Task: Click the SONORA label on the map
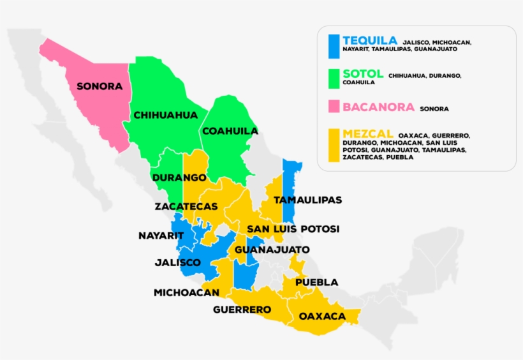[99, 86]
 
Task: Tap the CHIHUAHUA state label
[165, 116]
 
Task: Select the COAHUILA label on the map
[230, 131]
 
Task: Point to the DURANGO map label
[179, 177]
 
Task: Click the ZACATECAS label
[186, 207]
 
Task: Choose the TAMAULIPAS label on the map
[307, 200]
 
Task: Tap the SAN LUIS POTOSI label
[293, 229]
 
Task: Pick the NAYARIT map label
[161, 236]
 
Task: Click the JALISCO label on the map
[178, 262]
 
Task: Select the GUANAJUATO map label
[272, 250]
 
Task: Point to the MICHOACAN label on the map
[186, 292]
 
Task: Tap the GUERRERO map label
[242, 310]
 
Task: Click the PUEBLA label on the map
[316, 282]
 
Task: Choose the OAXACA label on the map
[322, 316]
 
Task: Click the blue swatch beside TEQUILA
[333, 45]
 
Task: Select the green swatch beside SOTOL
[333, 78]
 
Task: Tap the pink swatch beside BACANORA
[333, 108]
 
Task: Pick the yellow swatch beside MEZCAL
[333, 146]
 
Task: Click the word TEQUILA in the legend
[369, 40]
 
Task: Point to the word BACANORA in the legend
[378, 107]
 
